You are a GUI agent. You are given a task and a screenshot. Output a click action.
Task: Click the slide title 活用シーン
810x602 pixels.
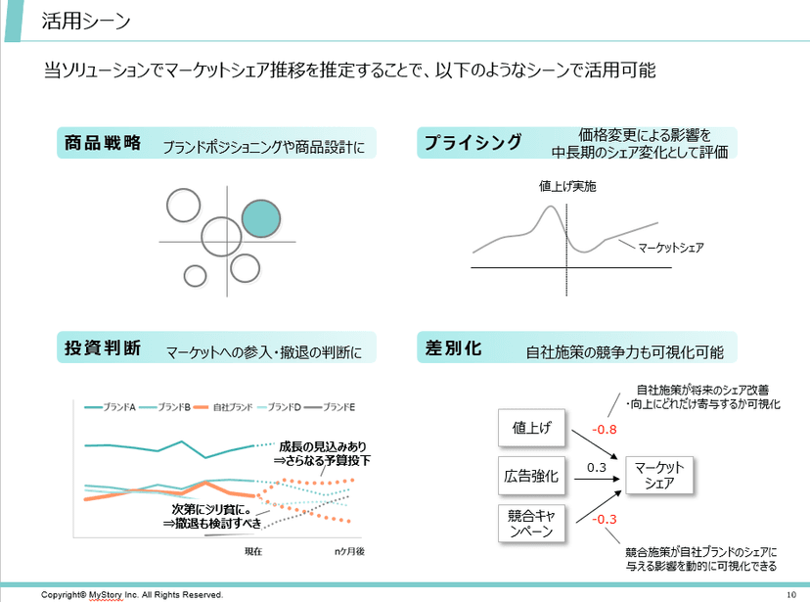coord(86,21)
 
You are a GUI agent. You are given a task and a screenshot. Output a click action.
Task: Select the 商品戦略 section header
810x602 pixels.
coord(103,143)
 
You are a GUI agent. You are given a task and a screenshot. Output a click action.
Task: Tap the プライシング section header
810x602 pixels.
coord(472,143)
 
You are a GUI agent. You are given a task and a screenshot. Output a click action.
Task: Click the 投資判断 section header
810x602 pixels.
coord(103,347)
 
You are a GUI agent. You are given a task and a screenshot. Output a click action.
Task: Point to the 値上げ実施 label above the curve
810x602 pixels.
coord(567,186)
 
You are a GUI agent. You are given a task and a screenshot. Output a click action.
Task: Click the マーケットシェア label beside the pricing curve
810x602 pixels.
coord(670,248)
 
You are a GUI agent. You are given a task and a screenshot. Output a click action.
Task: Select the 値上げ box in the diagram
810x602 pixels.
coord(532,427)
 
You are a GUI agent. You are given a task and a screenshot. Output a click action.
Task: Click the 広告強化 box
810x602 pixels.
coord(532,476)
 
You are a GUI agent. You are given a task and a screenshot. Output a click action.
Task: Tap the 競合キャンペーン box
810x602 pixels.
coord(532,523)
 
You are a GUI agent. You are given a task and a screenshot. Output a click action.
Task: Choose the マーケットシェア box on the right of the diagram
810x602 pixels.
coord(659,476)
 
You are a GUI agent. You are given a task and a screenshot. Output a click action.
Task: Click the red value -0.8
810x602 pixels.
coord(604,429)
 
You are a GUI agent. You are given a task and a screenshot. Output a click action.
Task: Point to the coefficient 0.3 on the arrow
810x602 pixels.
coord(597,468)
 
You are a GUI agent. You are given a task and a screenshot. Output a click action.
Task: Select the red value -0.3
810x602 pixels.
coord(605,519)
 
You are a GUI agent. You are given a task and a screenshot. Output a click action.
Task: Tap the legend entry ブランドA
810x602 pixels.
coord(118,406)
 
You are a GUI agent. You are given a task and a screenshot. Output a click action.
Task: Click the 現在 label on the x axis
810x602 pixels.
coord(252,552)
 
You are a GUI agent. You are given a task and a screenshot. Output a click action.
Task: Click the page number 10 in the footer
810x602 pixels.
coord(791,594)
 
